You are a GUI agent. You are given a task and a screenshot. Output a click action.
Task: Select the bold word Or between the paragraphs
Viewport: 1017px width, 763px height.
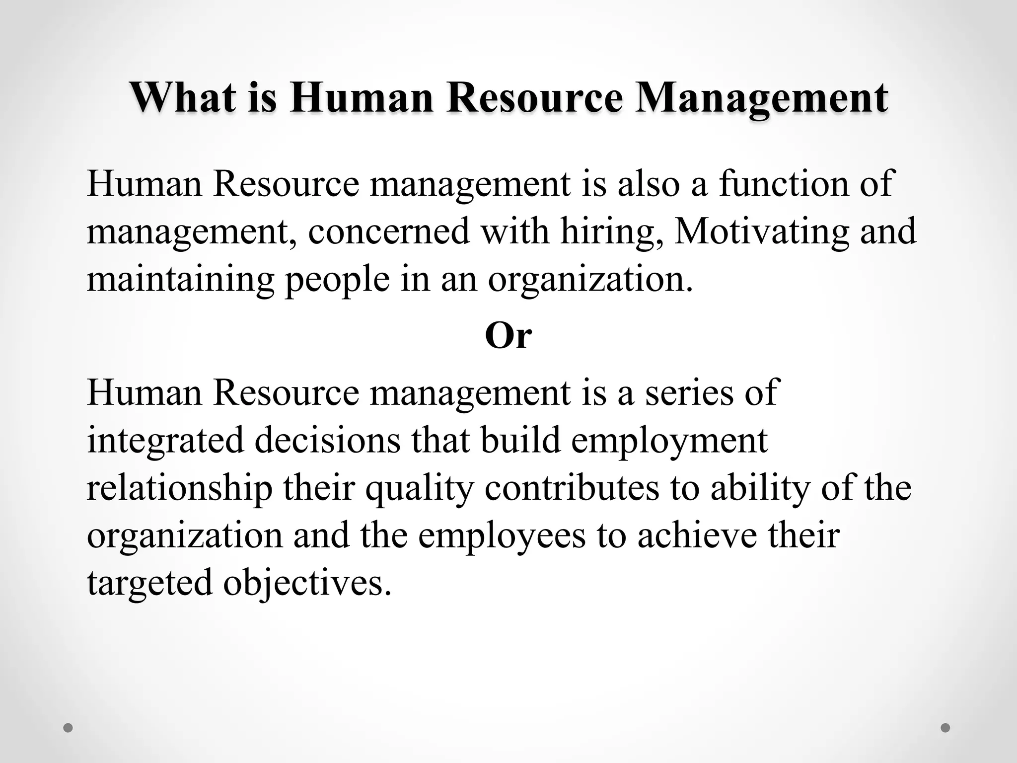click(x=508, y=336)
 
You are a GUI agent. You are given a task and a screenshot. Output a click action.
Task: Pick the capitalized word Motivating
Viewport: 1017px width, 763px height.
click(x=762, y=232)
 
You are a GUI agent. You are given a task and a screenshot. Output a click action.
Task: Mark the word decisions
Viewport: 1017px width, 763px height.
click(x=327, y=440)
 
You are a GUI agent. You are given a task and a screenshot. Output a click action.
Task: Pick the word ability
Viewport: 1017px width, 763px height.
click(x=760, y=489)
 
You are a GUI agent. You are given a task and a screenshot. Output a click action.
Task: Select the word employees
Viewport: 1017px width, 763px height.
click(x=502, y=536)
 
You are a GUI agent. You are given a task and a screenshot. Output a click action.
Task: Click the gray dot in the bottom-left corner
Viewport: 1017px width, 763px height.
click(x=68, y=728)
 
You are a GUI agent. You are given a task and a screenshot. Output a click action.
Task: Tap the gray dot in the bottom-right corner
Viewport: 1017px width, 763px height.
click(x=945, y=728)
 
